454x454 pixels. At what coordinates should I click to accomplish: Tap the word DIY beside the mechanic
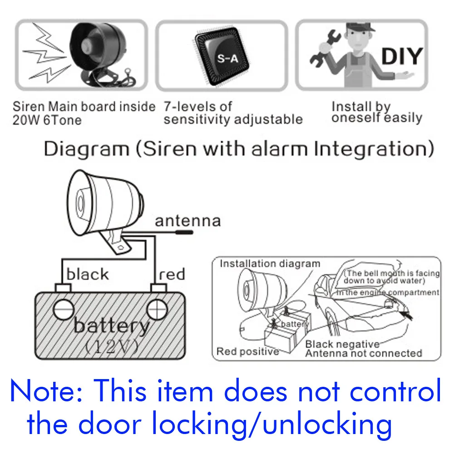[401, 56]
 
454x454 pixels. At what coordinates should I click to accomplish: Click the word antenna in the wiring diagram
[188, 221]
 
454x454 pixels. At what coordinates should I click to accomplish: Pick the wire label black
[88, 274]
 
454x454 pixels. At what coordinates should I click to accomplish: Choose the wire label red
[172, 274]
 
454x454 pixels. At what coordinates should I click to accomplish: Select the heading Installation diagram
[270, 264]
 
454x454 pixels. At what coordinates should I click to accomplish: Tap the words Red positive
[247, 351]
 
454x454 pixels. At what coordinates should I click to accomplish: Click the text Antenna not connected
[363, 353]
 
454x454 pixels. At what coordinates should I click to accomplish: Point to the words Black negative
[342, 344]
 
